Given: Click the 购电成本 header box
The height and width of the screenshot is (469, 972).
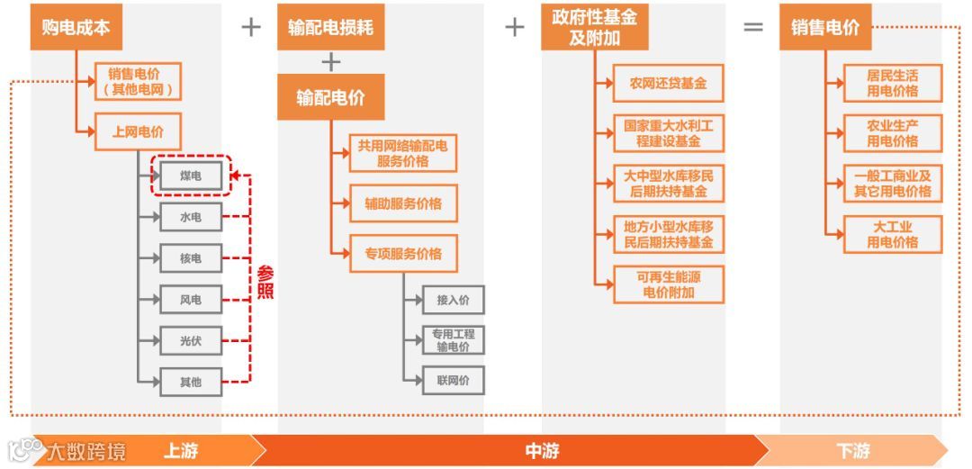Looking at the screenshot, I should tap(76, 27).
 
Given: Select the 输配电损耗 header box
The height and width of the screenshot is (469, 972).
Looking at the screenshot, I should tap(330, 27).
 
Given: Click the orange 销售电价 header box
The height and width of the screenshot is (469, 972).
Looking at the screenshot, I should tap(825, 27).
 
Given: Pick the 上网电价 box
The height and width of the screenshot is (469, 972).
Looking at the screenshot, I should tap(138, 131).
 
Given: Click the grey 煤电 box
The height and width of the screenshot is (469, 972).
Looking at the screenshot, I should tap(190, 176).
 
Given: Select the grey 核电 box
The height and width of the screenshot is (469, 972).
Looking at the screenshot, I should tap(190, 258).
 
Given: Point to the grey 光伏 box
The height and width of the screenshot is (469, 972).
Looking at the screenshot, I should tap(190, 341).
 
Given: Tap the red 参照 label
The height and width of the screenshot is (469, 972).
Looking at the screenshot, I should tap(265, 283).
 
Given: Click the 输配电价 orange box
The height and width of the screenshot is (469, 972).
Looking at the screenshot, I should tap(330, 97).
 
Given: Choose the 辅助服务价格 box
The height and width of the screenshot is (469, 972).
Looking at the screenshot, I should tap(403, 203).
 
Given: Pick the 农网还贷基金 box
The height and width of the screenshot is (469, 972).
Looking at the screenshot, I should tap(668, 84).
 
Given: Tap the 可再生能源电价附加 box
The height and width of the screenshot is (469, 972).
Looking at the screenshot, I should tap(668, 284).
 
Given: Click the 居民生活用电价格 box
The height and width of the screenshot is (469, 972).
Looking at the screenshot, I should tap(892, 83).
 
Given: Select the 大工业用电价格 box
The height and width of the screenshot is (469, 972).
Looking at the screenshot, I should tap(892, 234).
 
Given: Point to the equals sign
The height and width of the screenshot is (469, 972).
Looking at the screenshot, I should tap(752, 27).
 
